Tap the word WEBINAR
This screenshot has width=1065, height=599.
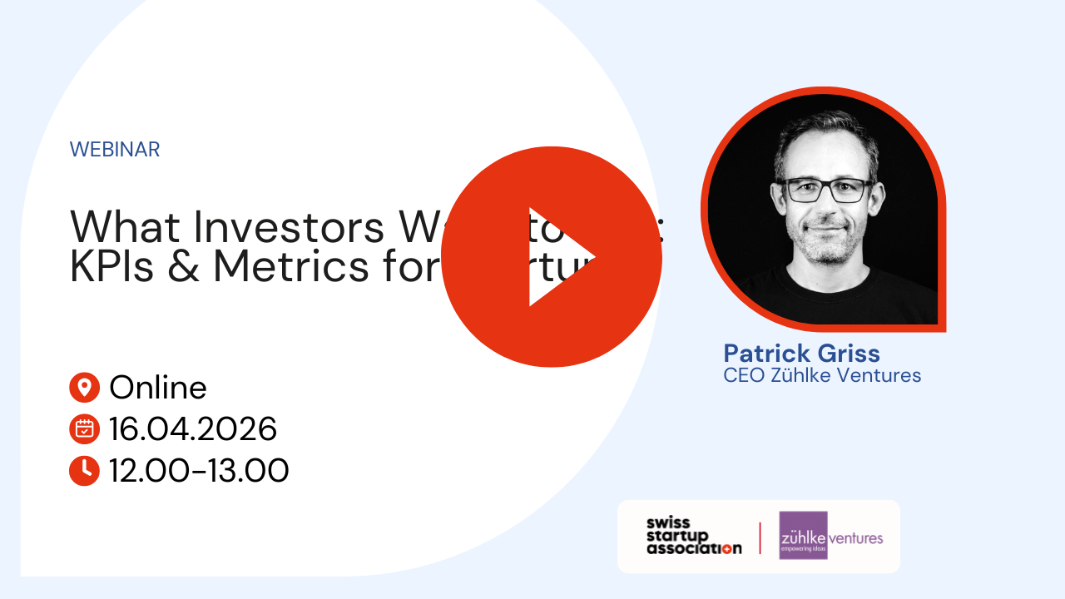pyautogui.click(x=115, y=150)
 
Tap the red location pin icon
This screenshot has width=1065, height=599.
pyautogui.click(x=84, y=388)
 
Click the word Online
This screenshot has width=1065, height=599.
pyautogui.click(x=158, y=388)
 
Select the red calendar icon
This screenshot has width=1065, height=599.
pyautogui.click(x=84, y=429)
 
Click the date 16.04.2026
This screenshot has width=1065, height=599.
pyautogui.click(x=193, y=429)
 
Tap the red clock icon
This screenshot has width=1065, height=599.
pyautogui.click(x=84, y=471)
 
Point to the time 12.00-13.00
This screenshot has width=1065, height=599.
pyautogui.click(x=199, y=471)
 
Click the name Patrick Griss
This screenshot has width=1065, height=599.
pyautogui.click(x=801, y=353)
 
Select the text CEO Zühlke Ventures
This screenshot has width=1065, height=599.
pyautogui.click(x=822, y=375)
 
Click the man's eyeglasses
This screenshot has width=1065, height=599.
pyautogui.click(x=829, y=191)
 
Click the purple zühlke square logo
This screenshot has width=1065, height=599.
pyautogui.click(x=803, y=535)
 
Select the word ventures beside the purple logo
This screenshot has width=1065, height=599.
pyautogui.click(x=856, y=537)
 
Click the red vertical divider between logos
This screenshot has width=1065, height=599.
pyautogui.click(x=760, y=537)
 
